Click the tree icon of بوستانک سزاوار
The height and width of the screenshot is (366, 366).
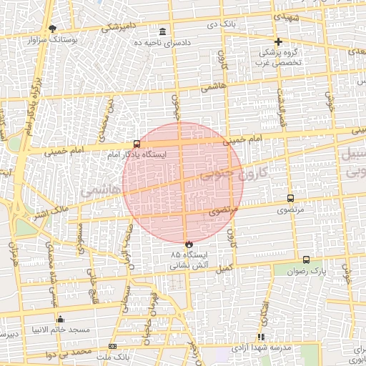click(52, 29)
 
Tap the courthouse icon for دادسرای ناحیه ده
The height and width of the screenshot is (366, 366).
click(163, 32)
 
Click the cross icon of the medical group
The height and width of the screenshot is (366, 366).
click(279, 41)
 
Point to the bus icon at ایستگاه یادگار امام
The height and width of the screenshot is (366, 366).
click(137, 144)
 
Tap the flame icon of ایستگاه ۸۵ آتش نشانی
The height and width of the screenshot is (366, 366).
click(189, 244)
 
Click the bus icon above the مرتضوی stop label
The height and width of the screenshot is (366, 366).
click(290, 198)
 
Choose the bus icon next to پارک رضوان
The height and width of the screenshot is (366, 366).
click(307, 260)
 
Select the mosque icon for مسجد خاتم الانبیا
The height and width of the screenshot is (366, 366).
click(59, 319)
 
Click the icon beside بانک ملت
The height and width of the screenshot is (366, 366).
click(112, 346)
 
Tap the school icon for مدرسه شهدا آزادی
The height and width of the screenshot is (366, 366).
click(261, 336)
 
